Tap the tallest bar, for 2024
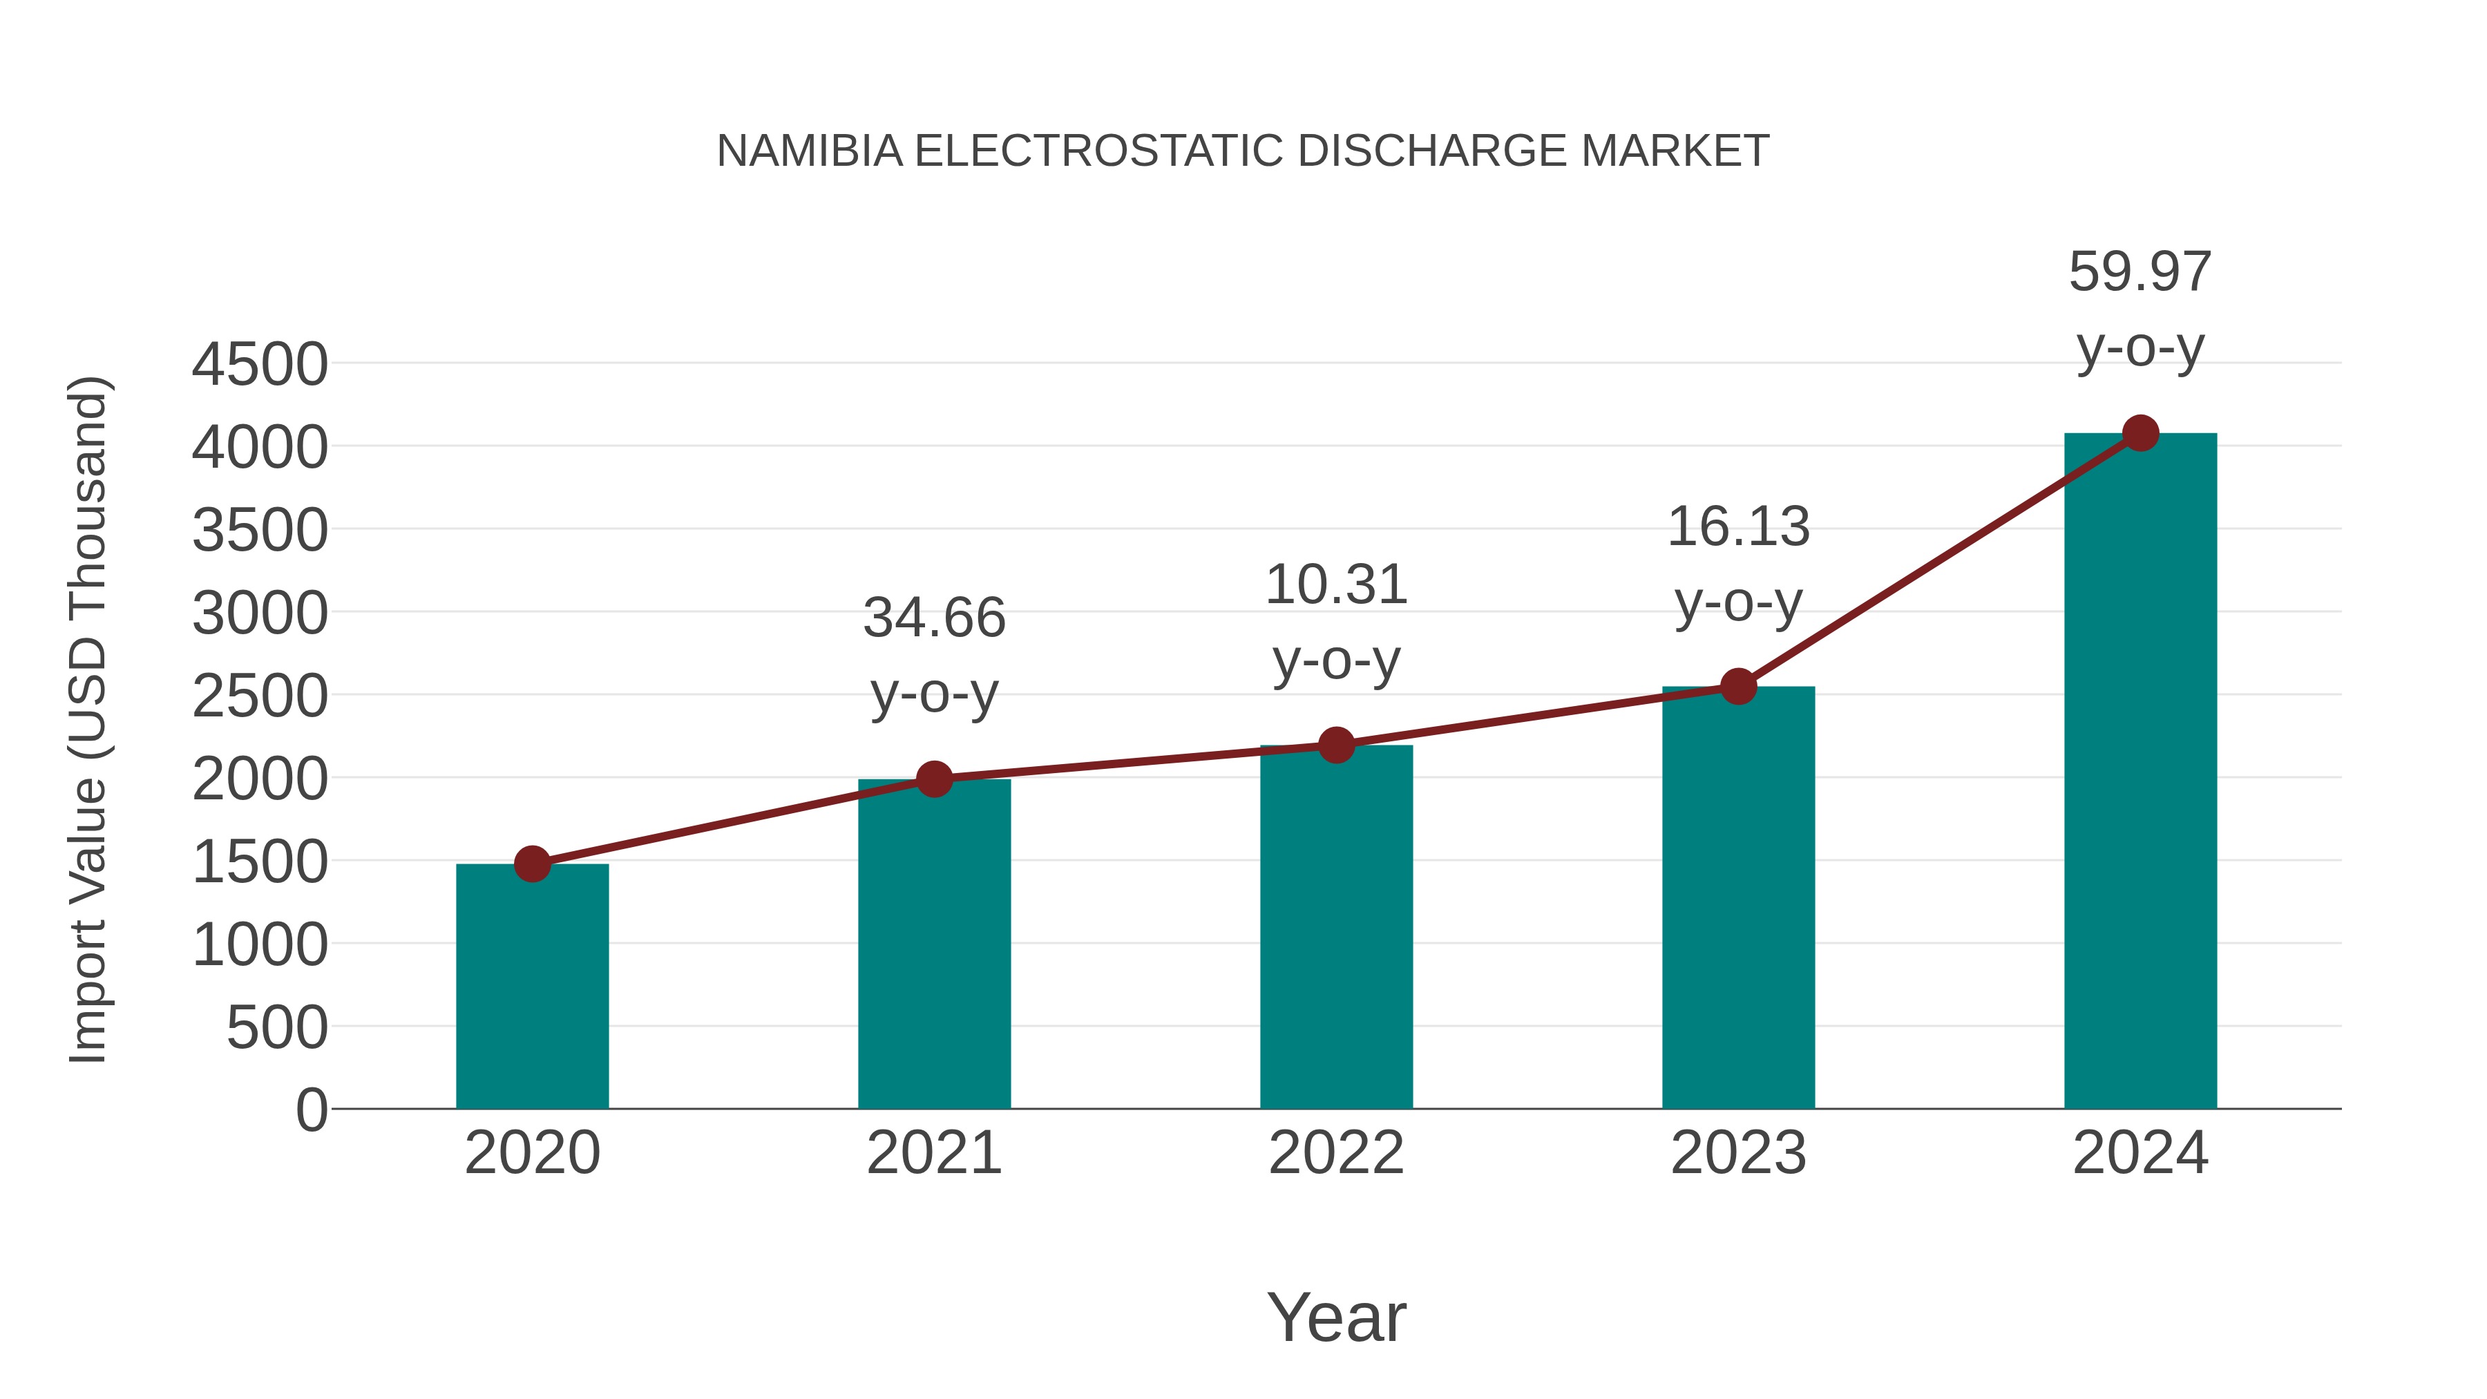pos(2140,772)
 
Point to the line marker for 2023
pos(1738,687)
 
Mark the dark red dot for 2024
pos(2140,433)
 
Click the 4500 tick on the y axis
pos(260,365)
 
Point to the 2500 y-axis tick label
pos(260,696)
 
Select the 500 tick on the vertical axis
pos(276,1027)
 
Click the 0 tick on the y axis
pos(311,1110)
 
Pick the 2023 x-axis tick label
pos(1738,1153)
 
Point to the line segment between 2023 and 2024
pos(1938,560)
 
